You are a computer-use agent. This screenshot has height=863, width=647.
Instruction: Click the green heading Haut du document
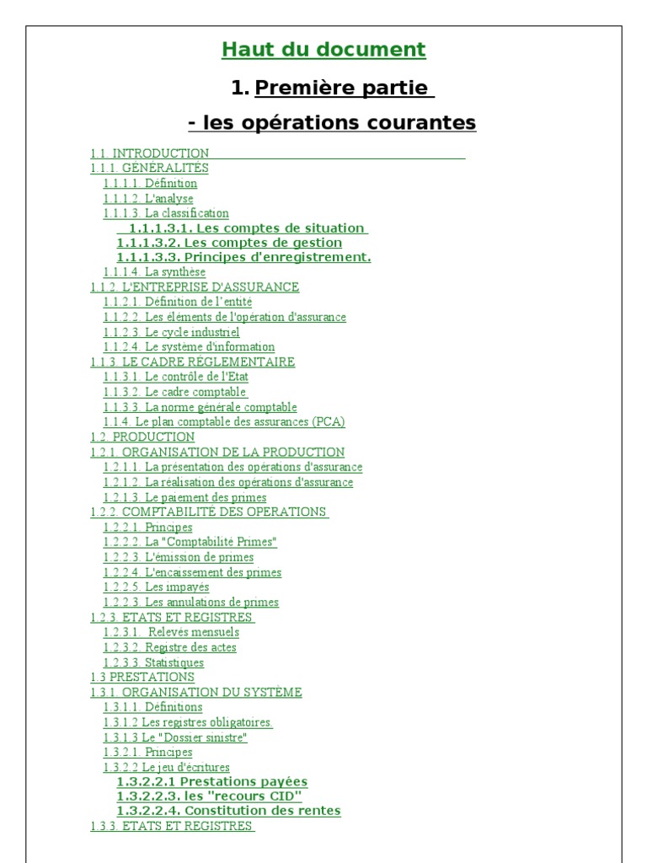[323, 50]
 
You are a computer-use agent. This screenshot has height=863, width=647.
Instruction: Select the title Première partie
[344, 88]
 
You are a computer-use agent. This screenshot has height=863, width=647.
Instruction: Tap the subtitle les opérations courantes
[332, 123]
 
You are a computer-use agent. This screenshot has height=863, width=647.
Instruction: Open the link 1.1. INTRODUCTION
[150, 153]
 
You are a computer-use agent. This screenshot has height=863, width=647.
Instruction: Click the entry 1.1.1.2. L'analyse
[148, 199]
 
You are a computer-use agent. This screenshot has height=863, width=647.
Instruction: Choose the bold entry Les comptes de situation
[243, 228]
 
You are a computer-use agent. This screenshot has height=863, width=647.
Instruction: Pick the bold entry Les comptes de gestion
[229, 243]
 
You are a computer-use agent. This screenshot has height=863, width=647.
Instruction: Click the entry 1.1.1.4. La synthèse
[154, 272]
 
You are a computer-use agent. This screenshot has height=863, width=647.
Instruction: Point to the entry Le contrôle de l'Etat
[176, 377]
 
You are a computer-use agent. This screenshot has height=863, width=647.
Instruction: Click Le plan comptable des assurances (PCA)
[224, 421]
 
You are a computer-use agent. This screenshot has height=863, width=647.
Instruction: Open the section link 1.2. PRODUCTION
[142, 437]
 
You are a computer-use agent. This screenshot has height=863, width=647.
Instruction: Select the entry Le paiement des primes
[184, 497]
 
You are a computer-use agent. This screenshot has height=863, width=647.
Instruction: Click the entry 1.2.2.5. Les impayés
[156, 587]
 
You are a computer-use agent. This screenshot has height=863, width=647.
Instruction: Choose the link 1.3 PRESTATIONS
[142, 677]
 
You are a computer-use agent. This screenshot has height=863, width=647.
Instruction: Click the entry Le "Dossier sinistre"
[175, 737]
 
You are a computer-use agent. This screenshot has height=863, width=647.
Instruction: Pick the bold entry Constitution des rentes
[228, 811]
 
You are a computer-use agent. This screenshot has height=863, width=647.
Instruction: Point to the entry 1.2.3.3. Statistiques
[153, 662]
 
